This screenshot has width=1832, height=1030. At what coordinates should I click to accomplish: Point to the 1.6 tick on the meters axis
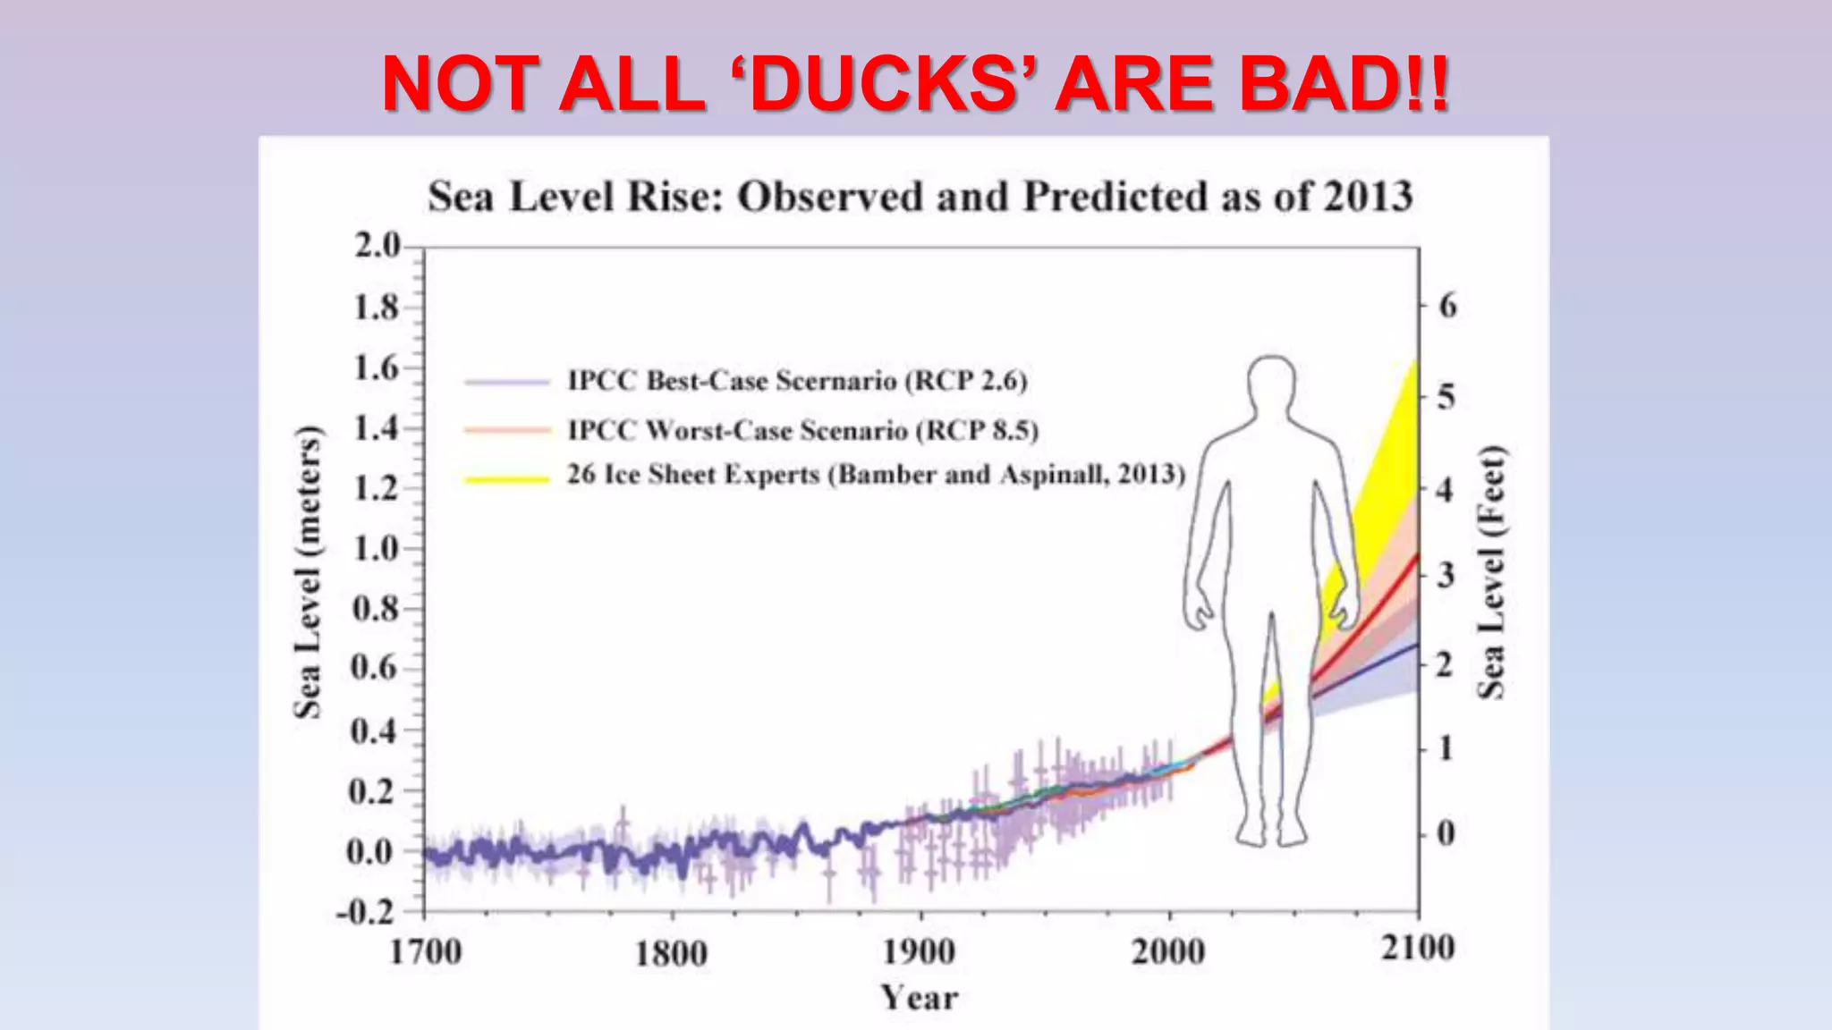377,367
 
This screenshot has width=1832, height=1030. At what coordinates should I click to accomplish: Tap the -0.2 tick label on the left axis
365,912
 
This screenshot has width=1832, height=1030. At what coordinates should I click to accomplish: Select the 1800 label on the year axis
671,953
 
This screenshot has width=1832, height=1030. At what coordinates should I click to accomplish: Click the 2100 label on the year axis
1418,948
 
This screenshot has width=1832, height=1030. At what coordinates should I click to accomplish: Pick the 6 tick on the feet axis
1447,306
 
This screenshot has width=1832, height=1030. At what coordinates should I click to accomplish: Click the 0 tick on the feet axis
1446,833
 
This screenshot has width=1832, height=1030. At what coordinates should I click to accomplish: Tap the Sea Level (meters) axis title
307,572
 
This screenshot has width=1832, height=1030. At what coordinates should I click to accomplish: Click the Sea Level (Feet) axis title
1490,572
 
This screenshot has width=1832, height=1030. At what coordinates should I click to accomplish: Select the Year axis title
919,998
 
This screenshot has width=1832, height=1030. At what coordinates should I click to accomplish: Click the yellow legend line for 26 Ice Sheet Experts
506,479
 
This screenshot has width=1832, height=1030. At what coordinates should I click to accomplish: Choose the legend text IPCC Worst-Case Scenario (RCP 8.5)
802,431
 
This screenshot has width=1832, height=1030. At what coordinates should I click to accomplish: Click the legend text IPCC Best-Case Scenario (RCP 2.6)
797,381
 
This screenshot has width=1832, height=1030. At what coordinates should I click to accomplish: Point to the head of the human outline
1271,385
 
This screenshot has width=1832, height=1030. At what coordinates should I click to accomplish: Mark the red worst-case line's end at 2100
1416,557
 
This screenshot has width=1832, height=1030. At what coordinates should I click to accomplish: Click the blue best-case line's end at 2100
1416,644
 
